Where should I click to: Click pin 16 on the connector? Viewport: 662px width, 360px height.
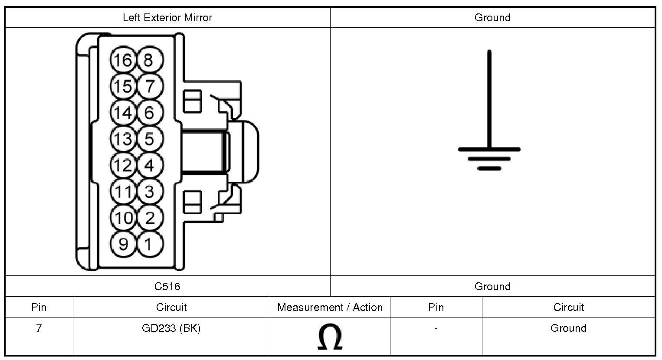point(123,60)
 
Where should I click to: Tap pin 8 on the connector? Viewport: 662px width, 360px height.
point(150,60)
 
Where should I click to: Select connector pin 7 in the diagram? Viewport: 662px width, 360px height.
point(150,86)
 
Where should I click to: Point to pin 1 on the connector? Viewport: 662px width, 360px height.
point(150,244)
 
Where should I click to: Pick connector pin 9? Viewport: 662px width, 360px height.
point(123,244)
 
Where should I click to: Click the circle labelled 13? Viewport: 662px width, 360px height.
point(123,139)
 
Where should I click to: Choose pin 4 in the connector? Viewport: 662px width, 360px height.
point(150,165)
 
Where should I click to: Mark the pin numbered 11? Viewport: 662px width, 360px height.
point(123,191)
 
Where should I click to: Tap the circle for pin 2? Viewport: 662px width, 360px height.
point(150,218)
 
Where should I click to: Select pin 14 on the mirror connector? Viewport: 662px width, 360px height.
point(123,113)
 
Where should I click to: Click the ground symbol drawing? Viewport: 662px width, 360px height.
point(489,130)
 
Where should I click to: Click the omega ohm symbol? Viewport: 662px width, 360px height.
point(330,337)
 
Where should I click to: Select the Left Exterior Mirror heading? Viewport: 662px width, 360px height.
point(167,18)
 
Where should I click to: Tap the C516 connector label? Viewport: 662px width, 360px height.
point(167,286)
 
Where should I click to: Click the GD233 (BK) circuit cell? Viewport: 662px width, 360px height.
point(171,328)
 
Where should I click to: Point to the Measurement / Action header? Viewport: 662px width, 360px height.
point(330,308)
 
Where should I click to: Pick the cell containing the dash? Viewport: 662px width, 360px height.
point(436,328)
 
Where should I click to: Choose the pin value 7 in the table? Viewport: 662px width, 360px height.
point(39,328)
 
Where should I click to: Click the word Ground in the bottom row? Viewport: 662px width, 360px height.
point(568,328)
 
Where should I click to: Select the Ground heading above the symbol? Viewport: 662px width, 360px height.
point(492,18)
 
